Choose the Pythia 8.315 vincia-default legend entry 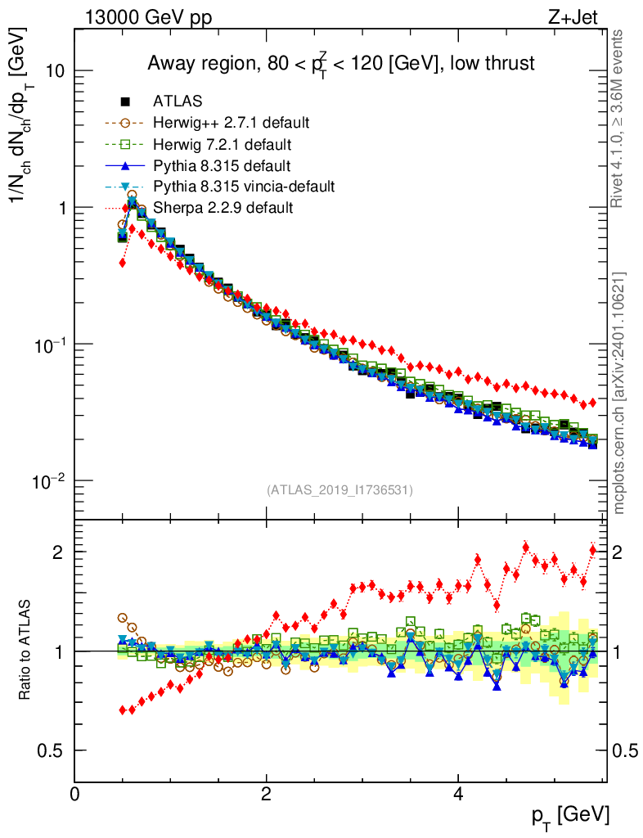pos(244,187)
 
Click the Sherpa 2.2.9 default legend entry pos(223,208)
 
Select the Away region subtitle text pos(340,64)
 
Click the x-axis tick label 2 pos(267,793)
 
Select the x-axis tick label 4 pos(458,793)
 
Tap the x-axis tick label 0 pos(75,793)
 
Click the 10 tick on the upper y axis pos(54,71)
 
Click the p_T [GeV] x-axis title pos(564,815)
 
